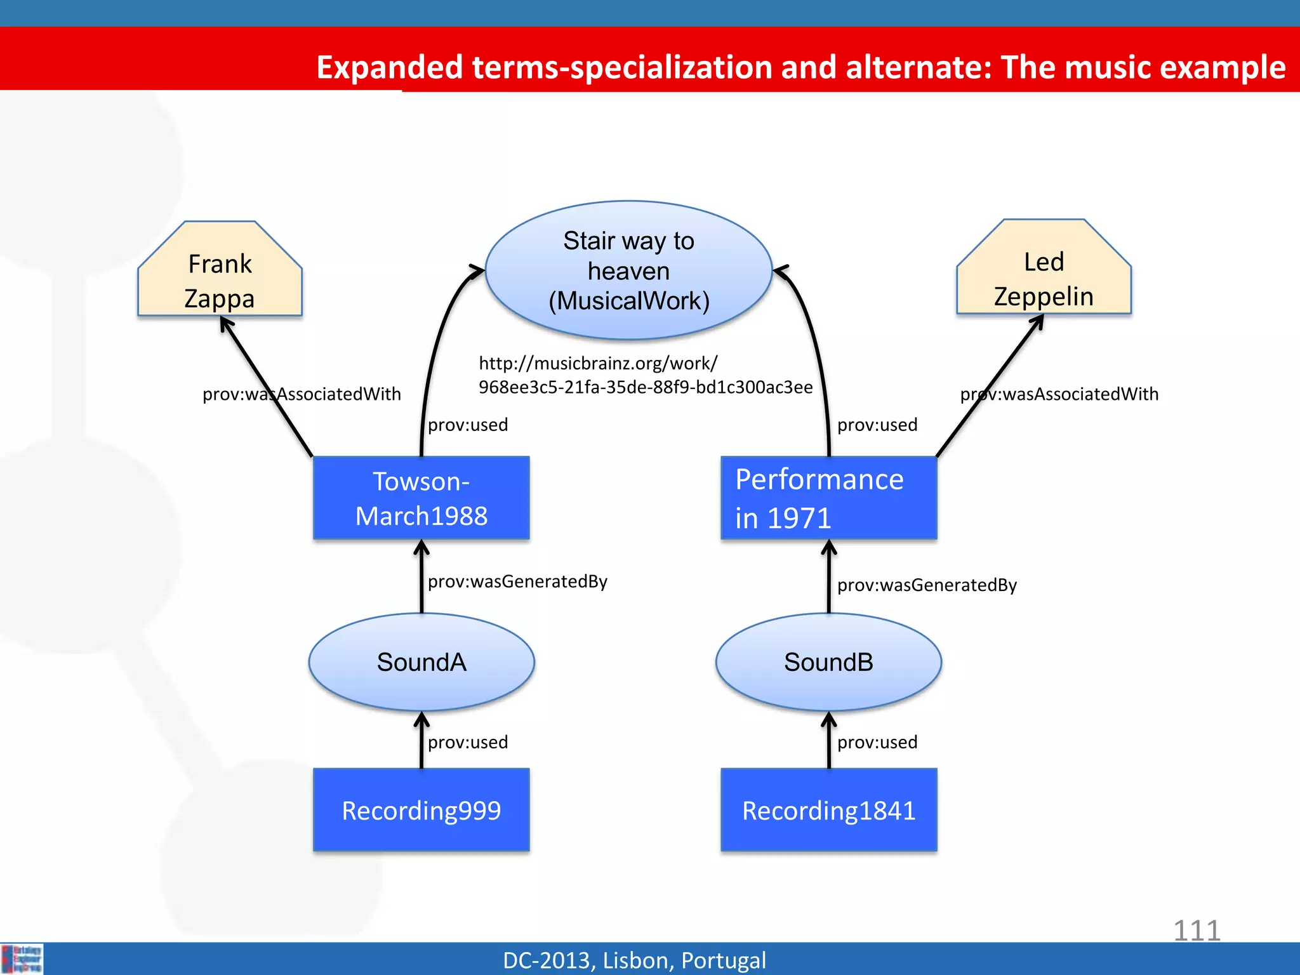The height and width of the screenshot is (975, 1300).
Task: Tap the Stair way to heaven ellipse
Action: coord(628,271)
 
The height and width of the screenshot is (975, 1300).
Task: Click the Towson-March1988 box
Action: coord(421,498)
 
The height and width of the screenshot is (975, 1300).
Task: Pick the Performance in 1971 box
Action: coord(828,498)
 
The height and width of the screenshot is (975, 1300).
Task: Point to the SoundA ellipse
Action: coord(421,662)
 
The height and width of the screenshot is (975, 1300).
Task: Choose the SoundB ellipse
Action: coord(828,662)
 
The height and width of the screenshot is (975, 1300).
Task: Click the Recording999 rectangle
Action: coord(421,810)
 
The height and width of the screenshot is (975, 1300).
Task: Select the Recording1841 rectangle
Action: coord(828,810)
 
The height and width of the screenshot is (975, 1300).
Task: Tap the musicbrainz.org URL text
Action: coord(645,375)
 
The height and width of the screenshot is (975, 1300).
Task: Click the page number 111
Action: coord(1197,931)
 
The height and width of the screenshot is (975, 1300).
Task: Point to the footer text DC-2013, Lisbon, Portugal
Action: coord(634,960)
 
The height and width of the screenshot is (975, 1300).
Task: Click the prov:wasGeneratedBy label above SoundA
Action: coord(517,581)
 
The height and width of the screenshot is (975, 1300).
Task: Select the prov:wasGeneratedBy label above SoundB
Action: coord(927,585)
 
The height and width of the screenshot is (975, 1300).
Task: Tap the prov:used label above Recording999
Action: coord(468,742)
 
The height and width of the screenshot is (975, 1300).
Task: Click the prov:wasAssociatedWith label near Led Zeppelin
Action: coord(1059,394)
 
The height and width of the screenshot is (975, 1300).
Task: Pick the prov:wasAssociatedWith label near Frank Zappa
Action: coord(302,394)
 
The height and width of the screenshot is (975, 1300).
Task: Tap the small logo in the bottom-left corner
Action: coord(22,958)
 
